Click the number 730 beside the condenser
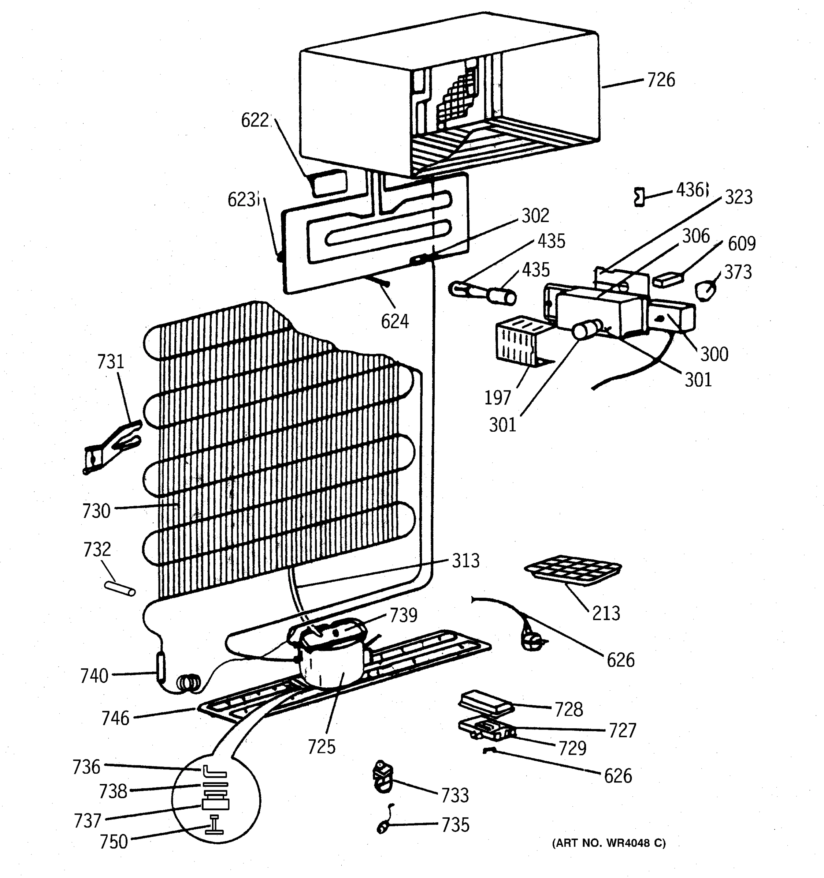pyautogui.click(x=96, y=511)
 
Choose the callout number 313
pyautogui.click(x=465, y=561)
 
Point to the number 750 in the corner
pyautogui.click(x=114, y=842)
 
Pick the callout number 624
pyautogui.click(x=395, y=321)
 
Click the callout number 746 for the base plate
pyautogui.click(x=115, y=718)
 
